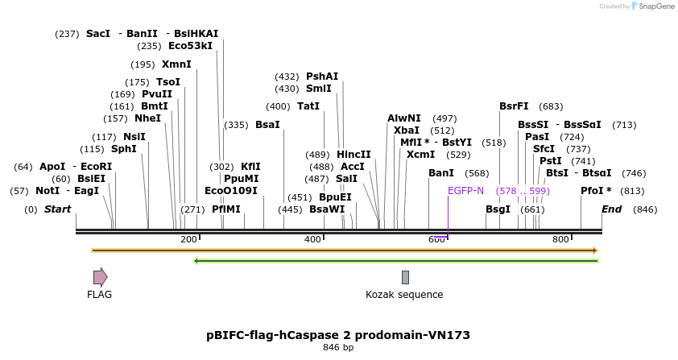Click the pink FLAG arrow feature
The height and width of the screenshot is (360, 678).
coord(100,277)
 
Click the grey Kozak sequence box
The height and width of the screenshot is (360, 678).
coord(405,277)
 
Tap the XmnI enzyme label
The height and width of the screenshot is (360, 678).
coord(176,64)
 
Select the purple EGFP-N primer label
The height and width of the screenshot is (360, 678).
coord(465,191)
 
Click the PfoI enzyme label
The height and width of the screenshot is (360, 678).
coord(595,191)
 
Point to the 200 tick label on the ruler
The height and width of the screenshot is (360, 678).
coord(189,240)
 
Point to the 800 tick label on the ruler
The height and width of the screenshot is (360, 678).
coord(560,240)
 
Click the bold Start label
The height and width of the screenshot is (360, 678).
coord(57,209)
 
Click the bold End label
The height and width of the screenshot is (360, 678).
coord(612,209)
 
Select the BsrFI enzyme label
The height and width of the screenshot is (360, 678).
coord(514,106)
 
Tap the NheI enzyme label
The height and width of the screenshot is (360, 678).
coord(147,118)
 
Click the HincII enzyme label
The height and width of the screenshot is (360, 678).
coord(353,155)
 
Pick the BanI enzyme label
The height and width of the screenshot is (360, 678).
coord(441,173)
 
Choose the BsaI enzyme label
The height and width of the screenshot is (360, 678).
coord(267,125)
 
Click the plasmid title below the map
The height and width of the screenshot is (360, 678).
coord(338,335)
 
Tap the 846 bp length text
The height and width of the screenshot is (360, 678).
coord(338,348)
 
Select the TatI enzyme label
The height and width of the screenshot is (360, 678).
coord(308,106)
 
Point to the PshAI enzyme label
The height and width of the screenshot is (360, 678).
coord(322,77)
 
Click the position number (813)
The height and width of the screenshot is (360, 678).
coord(633,191)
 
